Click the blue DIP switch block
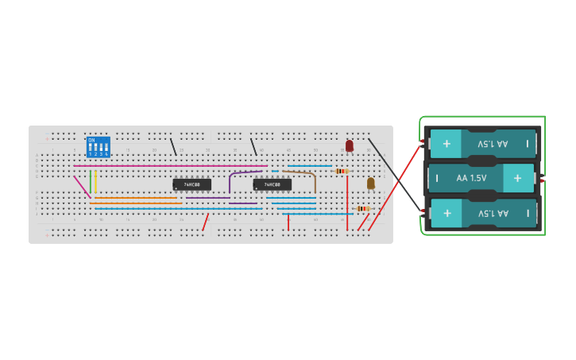pyautogui.click(x=99, y=147)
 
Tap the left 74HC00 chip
pyautogui.click(x=192, y=184)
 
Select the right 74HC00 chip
pyautogui.click(x=273, y=184)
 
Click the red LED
pyautogui.click(x=350, y=145)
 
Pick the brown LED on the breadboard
pyautogui.click(x=370, y=183)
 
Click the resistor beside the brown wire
pyautogui.click(x=341, y=171)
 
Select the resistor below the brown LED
pyautogui.click(x=362, y=208)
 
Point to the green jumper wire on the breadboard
pyautogui.click(x=91, y=180)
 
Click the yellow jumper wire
pyautogui.click(x=96, y=180)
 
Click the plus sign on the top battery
pyautogui.click(x=446, y=144)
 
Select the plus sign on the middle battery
pyautogui.click(x=517, y=178)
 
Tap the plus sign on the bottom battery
pyautogui.click(x=447, y=213)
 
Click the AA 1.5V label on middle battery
pyautogui.click(x=473, y=178)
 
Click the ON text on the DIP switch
pyautogui.click(x=92, y=140)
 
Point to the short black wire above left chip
pyautogui.click(x=173, y=146)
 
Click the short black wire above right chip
pyautogui.click(x=253, y=147)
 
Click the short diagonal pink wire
pyautogui.click(x=82, y=186)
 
